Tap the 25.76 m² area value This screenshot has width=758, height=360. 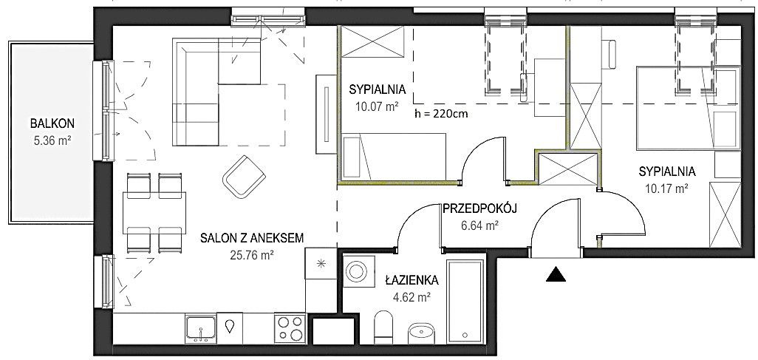(253, 254)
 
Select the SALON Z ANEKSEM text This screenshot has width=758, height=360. (253, 237)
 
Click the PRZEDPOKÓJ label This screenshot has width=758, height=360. (480, 208)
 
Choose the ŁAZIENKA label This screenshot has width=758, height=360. (412, 279)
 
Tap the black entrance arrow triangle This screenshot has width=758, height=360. (556, 274)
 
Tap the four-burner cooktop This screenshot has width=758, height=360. (290, 328)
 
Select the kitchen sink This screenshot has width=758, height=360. (201, 328)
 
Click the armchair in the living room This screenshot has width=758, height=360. (244, 177)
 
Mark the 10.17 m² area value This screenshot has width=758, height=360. (667, 189)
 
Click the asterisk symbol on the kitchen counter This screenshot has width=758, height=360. (320, 264)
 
